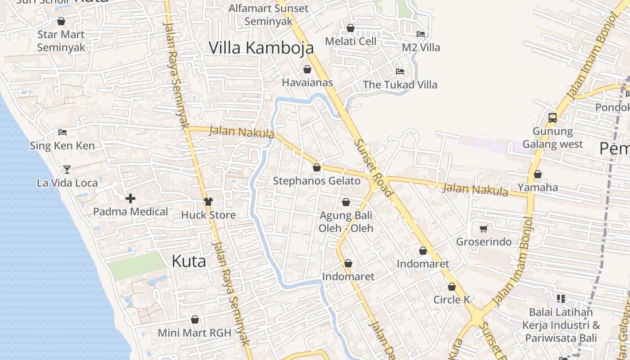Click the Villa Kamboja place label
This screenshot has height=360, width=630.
(x=261, y=48)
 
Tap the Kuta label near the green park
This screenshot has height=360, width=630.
(x=189, y=261)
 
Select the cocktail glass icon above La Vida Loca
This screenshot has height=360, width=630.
(x=67, y=169)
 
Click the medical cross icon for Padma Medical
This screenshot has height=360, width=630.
(x=130, y=198)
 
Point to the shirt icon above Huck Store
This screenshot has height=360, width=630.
(x=208, y=202)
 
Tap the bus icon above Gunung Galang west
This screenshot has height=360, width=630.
(x=552, y=118)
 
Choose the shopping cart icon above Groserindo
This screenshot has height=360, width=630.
(x=484, y=229)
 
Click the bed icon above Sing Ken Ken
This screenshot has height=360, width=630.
(x=63, y=132)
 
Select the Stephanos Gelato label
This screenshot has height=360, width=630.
(x=317, y=181)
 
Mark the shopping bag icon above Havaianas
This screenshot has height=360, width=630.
(x=307, y=69)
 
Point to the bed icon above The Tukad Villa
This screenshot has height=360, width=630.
(x=400, y=72)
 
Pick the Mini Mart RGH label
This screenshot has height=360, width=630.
(x=194, y=333)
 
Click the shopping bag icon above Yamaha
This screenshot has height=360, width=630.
(x=537, y=174)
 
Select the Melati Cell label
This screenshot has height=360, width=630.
(x=351, y=41)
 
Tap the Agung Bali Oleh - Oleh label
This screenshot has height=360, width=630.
(x=346, y=222)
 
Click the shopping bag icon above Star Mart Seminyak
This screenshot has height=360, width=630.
(x=61, y=21)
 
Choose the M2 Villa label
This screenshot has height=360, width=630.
(x=421, y=48)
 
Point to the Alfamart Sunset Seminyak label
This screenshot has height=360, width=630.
(x=269, y=15)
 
